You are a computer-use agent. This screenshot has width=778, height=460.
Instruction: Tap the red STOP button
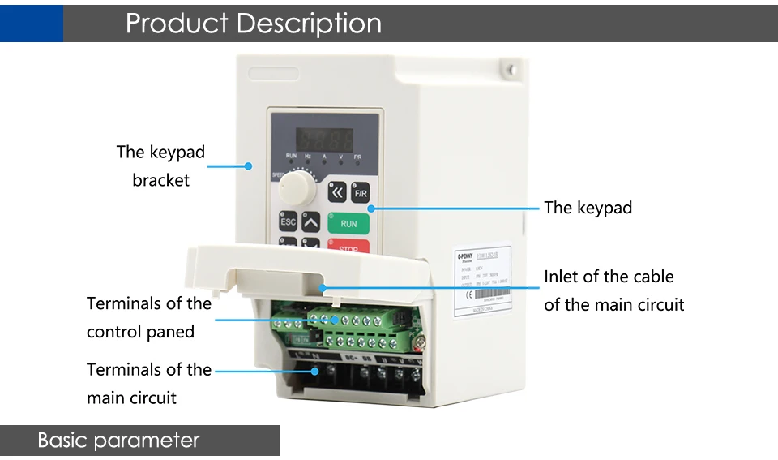(348, 246)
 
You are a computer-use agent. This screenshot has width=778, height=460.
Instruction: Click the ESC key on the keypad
(288, 221)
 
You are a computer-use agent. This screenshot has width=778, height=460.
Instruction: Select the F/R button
(361, 193)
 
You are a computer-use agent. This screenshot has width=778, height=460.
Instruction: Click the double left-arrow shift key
(337, 192)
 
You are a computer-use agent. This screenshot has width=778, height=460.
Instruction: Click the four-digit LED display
(324, 134)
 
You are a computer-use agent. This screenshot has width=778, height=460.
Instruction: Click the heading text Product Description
(254, 23)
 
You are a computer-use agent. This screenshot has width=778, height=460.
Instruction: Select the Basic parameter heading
(118, 441)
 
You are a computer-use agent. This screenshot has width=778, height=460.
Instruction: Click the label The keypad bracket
(160, 166)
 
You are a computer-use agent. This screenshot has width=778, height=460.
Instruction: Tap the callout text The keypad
(588, 208)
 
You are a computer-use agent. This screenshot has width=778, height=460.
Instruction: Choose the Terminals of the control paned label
(148, 317)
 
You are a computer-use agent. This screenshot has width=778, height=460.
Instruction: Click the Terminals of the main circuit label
(148, 383)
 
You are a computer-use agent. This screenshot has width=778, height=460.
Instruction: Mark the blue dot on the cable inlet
(323, 286)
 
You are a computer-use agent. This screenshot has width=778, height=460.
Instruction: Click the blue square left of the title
(31, 22)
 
